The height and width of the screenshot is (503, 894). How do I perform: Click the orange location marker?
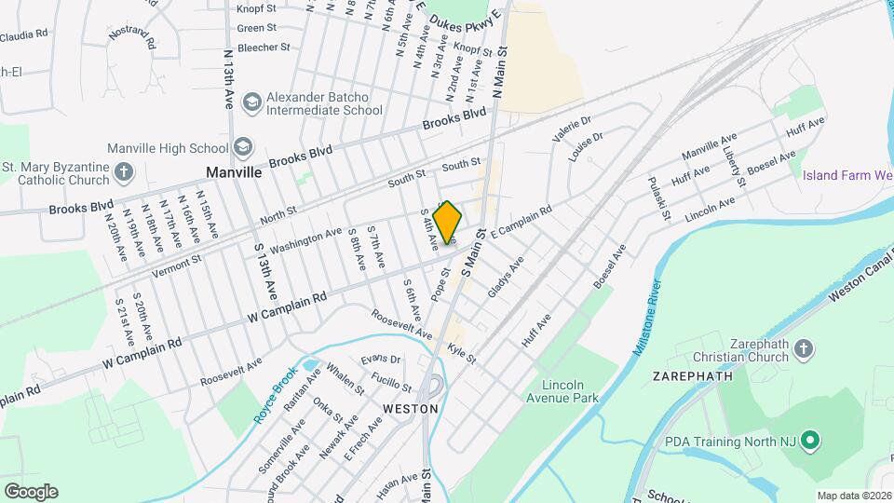coord(448,224)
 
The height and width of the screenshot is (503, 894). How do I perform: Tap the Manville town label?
coord(234,172)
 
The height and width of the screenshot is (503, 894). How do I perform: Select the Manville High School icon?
coord(243,147)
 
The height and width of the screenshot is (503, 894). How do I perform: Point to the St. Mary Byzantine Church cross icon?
coord(124,171)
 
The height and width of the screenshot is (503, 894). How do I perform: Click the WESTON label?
coord(411,408)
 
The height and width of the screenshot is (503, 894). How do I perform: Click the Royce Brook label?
coord(277,394)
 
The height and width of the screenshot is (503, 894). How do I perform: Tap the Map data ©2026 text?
coord(854,496)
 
